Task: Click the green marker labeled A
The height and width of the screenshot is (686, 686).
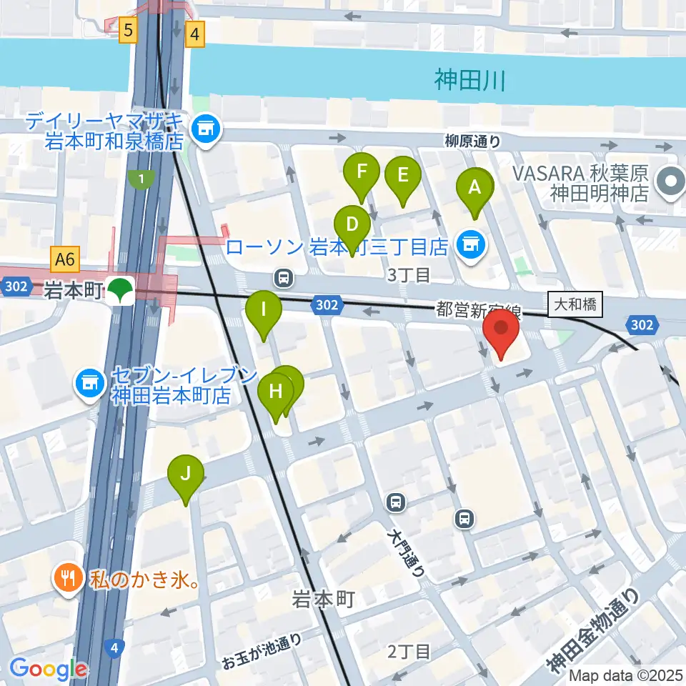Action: point(474,189)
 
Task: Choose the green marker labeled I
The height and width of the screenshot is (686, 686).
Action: point(263,311)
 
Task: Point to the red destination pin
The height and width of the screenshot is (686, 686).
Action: point(501,331)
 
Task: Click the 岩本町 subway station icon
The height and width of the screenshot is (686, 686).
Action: point(121,291)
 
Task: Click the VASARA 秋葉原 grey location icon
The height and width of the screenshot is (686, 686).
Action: point(670,182)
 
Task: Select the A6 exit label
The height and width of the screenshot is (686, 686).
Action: point(64,259)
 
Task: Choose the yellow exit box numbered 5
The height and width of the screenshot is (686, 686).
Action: point(129,30)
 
